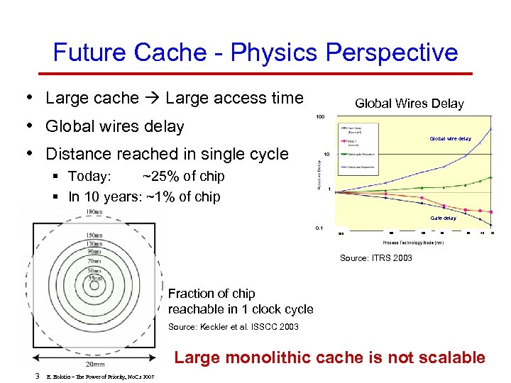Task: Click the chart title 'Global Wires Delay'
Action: tap(409, 104)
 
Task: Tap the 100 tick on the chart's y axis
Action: tap(321, 116)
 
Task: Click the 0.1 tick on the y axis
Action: tap(319, 228)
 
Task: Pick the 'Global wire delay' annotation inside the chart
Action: tap(450, 139)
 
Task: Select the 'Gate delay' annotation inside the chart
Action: tap(444, 218)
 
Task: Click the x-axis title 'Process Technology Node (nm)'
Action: tap(413, 243)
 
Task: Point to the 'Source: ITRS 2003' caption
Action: tap(375, 258)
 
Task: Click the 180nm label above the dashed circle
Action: tap(94, 212)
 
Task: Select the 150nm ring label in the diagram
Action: tap(94, 235)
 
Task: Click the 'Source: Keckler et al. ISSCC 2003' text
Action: tap(233, 327)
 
